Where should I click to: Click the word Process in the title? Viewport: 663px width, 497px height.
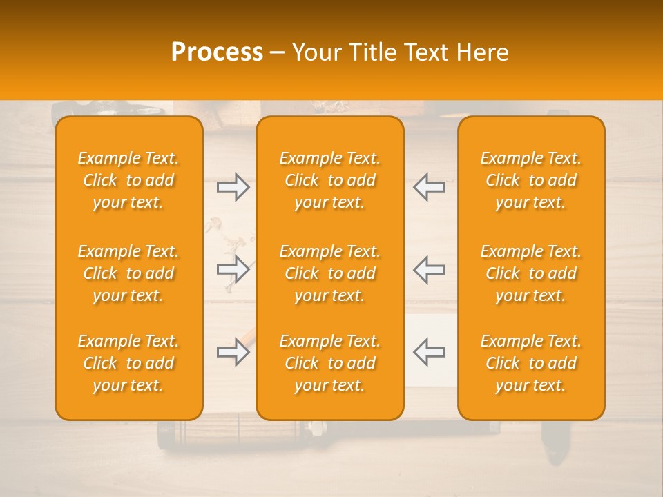point(217,52)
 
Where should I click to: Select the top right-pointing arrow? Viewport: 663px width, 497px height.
point(233,187)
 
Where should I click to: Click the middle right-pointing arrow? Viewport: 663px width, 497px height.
point(233,270)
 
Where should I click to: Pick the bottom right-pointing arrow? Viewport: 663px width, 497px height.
point(233,353)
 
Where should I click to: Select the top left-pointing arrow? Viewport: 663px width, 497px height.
point(429,187)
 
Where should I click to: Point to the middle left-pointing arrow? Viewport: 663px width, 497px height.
point(429,270)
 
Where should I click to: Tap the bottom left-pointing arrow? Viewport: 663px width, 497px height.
point(429,351)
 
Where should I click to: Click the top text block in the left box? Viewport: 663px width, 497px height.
point(128,180)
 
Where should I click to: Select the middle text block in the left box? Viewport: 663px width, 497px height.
point(128,273)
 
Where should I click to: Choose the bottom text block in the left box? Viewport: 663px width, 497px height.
point(128,363)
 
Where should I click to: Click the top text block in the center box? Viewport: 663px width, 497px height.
point(330,180)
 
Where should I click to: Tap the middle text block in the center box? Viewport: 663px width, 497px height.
point(330,273)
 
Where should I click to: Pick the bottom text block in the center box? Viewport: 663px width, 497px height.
point(330,363)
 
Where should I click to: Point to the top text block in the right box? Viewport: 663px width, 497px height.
point(531,180)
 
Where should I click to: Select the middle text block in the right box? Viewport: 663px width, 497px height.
point(531,273)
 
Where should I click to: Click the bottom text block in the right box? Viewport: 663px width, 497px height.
point(531,363)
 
